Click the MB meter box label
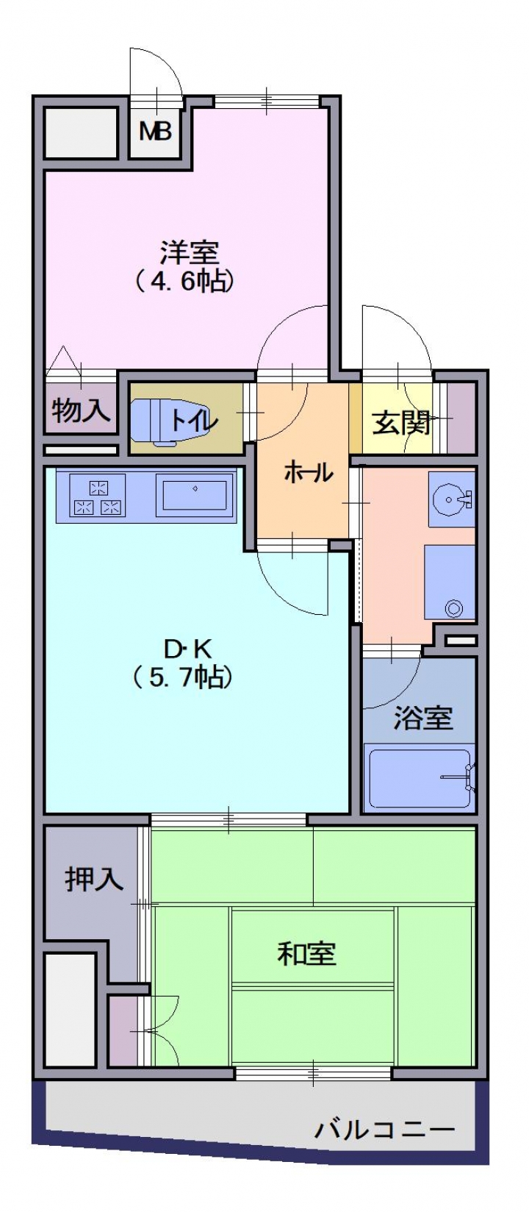(x=156, y=131)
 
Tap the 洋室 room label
(x=189, y=253)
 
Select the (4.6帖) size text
(x=184, y=282)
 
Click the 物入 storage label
(x=81, y=410)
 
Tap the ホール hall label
(x=309, y=473)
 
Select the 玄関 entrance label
(x=401, y=423)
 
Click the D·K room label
(x=189, y=648)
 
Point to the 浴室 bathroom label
(x=423, y=718)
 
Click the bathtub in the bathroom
(x=420, y=777)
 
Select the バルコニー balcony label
(x=385, y=1129)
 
